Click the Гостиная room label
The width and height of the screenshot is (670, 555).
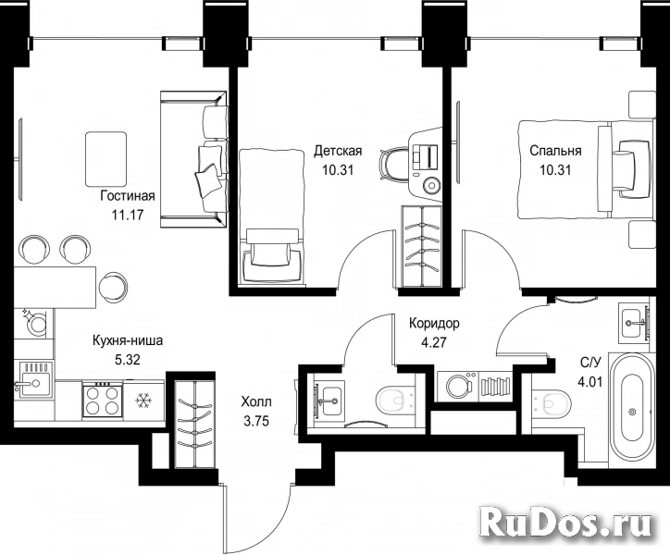[128, 196]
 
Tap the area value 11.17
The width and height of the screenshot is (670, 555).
[127, 215]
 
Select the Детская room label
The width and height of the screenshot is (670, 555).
[338, 151]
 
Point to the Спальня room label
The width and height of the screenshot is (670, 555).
[555, 151]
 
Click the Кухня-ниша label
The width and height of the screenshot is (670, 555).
[128, 341]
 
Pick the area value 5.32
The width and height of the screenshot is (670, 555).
[128, 360]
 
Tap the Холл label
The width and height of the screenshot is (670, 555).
[256, 402]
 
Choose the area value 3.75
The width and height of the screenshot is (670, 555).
[256, 421]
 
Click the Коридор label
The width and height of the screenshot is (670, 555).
[434, 324]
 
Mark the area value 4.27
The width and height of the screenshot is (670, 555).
[434, 342]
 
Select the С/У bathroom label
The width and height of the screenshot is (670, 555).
[590, 364]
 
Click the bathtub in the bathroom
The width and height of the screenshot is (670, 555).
[631, 412]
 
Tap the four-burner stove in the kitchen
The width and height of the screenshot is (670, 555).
[101, 399]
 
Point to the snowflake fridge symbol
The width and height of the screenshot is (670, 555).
[143, 401]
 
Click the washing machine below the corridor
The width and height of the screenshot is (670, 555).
[459, 387]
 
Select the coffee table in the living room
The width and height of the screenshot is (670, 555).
[106, 159]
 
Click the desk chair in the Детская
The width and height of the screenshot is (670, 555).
[391, 166]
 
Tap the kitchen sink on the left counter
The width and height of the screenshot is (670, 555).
[33, 380]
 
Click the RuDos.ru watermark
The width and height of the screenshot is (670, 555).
[565, 522]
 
